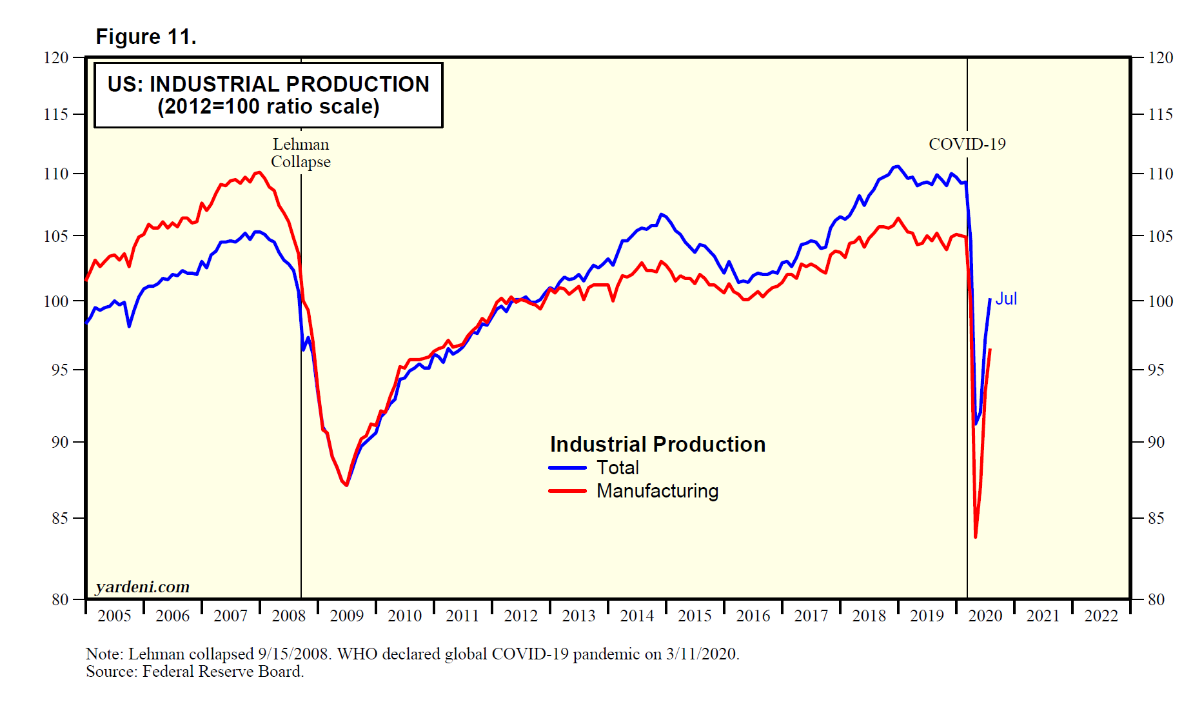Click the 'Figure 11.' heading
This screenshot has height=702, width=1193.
[x=146, y=37]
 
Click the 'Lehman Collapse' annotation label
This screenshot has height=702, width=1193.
[x=301, y=153]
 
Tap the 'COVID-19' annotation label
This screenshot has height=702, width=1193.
[x=967, y=144]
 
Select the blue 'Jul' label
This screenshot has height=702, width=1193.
[x=1006, y=299]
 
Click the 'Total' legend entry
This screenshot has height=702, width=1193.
[x=617, y=468]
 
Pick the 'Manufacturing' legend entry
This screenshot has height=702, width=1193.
[x=657, y=491]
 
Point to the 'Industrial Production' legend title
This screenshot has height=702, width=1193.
[x=657, y=445]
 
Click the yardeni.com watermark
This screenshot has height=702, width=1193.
[x=143, y=587]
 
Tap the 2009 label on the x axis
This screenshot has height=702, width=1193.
[x=347, y=616]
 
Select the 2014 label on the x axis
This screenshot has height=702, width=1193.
[x=637, y=616]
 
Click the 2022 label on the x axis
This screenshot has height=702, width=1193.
[x=1101, y=616]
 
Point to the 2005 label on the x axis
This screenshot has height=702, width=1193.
[x=114, y=616]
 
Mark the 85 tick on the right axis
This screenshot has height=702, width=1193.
[x=1156, y=518]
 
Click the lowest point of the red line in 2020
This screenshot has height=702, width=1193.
[x=976, y=537]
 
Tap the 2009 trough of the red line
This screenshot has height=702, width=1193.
[x=347, y=485]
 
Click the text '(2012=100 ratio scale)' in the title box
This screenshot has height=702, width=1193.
[x=268, y=106]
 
